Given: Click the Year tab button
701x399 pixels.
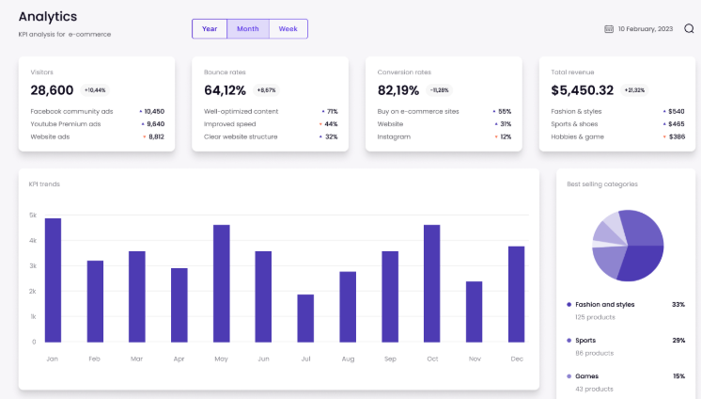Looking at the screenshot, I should [210, 29].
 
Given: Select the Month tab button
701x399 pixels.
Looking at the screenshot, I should [248, 29].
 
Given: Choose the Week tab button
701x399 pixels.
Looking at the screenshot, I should [288, 29].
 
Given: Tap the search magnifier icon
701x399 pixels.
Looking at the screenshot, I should [689, 28].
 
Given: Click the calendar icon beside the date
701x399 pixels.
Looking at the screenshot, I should [609, 29].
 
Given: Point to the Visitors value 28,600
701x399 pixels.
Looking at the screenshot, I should [52, 90].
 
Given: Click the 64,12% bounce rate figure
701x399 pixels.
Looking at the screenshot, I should [225, 90].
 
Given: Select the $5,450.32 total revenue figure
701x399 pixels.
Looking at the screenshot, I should [582, 90].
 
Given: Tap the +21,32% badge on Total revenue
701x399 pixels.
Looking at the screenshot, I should [634, 90].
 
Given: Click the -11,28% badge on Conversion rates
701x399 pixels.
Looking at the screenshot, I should [439, 90].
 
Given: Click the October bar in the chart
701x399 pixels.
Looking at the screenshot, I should [432, 283].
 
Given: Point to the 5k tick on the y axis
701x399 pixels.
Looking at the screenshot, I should [33, 215].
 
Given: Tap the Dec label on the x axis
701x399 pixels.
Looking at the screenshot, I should [516, 359].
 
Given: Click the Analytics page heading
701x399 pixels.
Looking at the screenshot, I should [48, 17].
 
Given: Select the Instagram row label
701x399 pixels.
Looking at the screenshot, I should [393, 136].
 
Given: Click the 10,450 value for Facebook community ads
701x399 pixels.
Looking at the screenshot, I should [154, 111].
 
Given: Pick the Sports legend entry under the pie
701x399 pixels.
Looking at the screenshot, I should [585, 340].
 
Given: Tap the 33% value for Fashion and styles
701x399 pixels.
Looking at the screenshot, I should [678, 305].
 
